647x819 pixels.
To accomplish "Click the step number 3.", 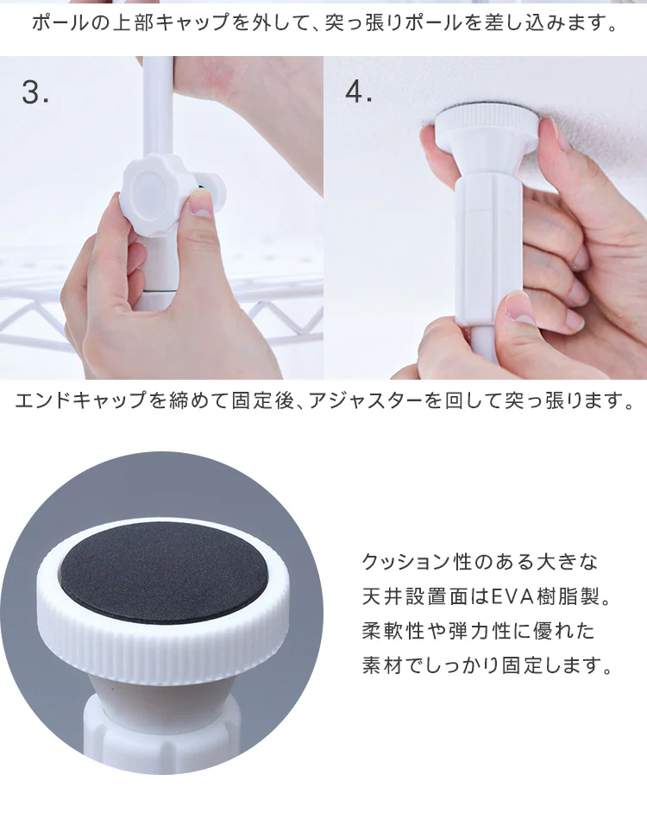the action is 35,92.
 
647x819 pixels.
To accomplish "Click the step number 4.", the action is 358,92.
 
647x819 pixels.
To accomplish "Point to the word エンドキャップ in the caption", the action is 80,400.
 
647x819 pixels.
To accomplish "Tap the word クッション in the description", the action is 406,562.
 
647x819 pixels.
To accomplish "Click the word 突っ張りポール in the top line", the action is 393,23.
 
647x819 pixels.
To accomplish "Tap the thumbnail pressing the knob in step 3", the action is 200,205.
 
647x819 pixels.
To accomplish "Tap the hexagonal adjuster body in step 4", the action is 489,251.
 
